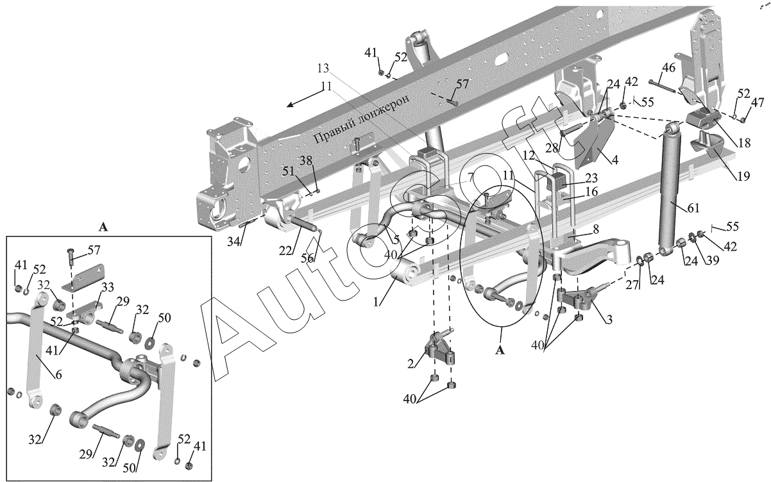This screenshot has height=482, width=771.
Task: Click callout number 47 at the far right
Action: pyautogui.click(x=758, y=102)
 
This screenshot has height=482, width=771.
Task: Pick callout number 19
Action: pyautogui.click(x=743, y=175)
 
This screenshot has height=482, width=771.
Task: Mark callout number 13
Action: pyautogui.click(x=323, y=68)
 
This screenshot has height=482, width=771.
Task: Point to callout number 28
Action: pyautogui.click(x=552, y=149)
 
